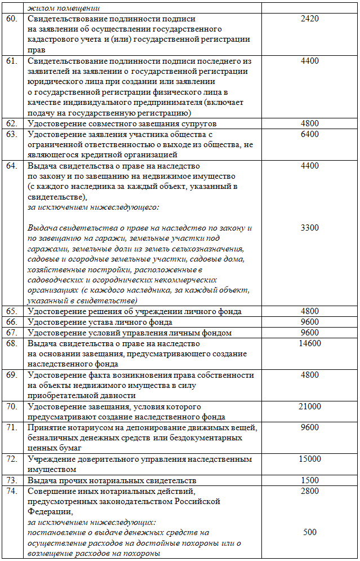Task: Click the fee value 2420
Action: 310,19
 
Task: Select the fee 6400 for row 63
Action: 310,134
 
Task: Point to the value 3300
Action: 310,228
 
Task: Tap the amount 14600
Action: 310,343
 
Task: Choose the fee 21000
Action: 310,407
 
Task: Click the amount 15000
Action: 310,459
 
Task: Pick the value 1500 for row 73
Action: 310,480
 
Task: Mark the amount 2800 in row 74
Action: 310,491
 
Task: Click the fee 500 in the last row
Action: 310,532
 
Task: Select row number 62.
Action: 12,123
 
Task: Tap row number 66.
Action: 12,323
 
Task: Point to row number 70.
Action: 12,407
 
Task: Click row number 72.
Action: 12,459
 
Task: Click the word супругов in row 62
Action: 198,123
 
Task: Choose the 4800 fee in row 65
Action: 310,312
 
